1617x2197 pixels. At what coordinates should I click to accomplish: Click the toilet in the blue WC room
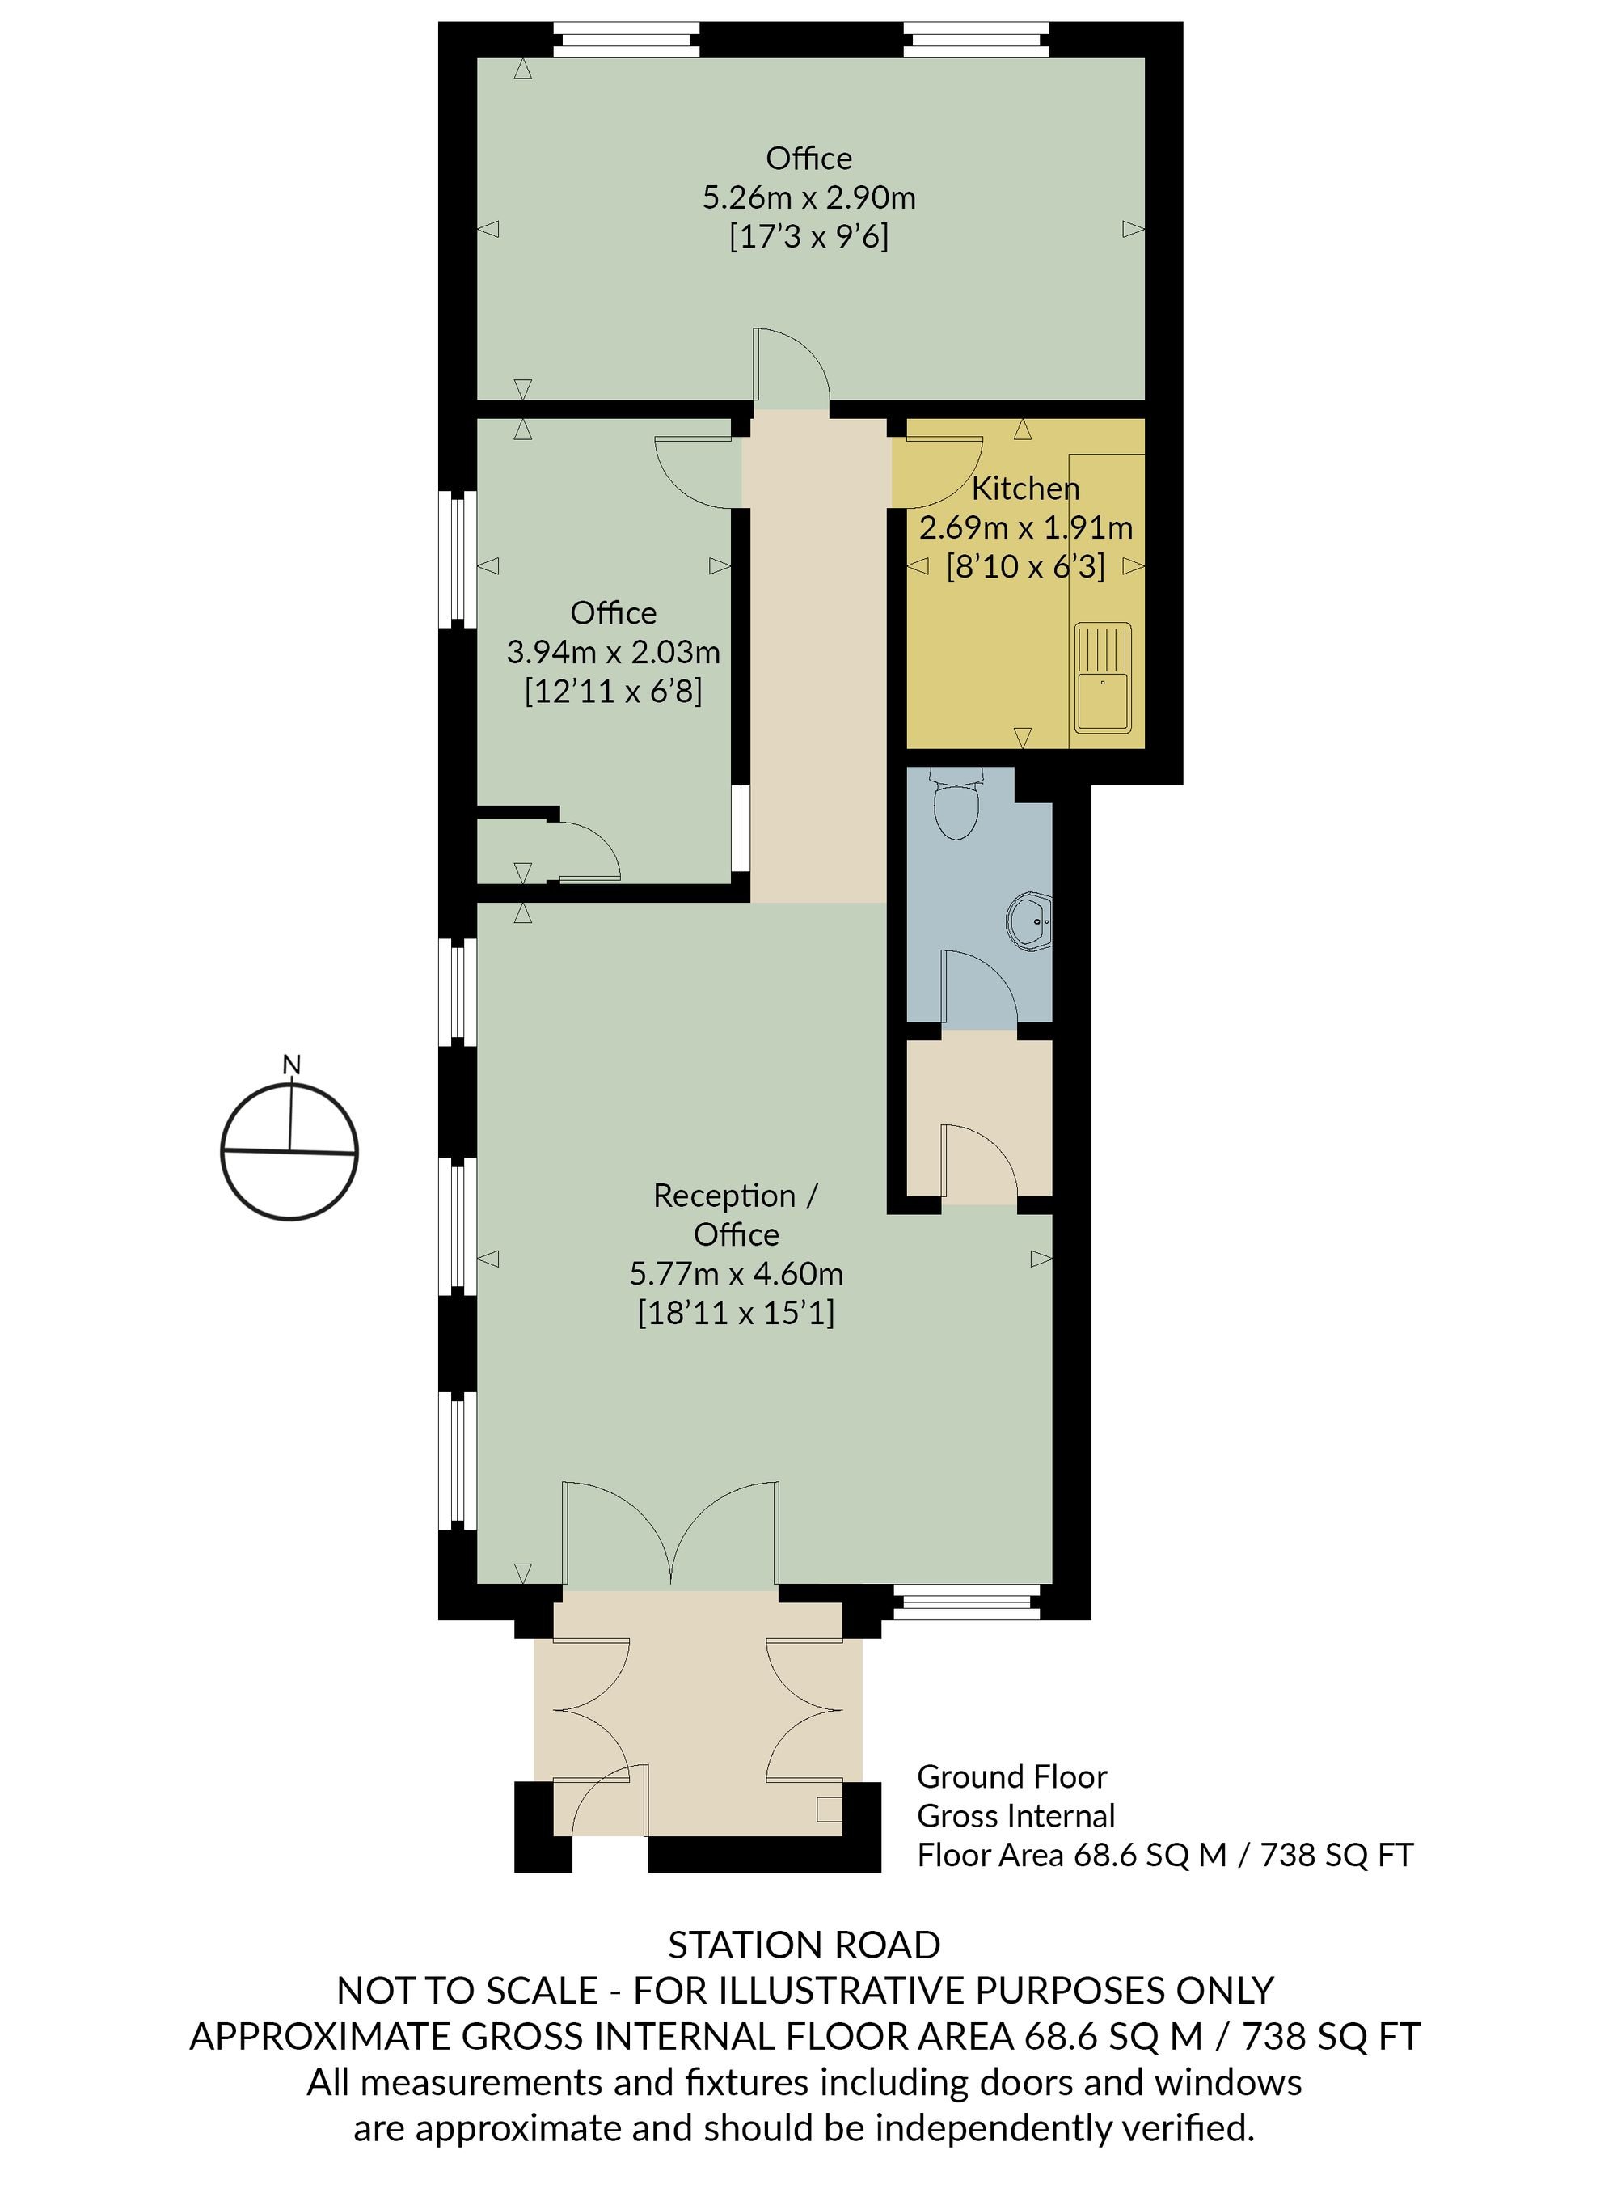coord(956,802)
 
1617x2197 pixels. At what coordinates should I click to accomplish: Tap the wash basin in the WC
coord(1030,921)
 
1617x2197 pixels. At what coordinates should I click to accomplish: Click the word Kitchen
coord(1025,488)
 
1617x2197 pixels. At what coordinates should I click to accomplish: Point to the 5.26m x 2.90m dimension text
coord(808,197)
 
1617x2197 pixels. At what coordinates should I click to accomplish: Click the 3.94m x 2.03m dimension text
coord(613,652)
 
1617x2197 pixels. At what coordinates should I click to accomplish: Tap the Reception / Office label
coord(736,1214)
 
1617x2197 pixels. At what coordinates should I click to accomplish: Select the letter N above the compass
coord(291,1065)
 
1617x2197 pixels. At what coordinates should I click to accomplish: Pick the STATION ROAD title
coord(804,1945)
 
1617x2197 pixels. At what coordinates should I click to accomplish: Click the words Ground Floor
coord(1011,1777)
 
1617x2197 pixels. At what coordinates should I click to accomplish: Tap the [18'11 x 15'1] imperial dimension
coord(736,1312)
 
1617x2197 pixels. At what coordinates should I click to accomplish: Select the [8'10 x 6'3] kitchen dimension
coord(1025,566)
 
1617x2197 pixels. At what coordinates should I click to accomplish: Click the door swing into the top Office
coord(791,364)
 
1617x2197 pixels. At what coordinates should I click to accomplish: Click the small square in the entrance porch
coord(829,1810)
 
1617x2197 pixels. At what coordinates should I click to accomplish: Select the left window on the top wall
coord(627,40)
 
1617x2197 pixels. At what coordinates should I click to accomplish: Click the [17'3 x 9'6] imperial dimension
coord(808,237)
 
